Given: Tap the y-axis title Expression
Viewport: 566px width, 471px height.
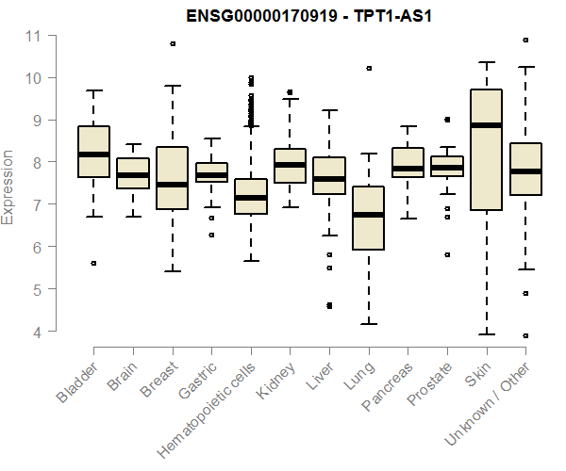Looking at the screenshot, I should tap(8, 186).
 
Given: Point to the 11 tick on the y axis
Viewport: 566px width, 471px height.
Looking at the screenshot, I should tap(34, 36).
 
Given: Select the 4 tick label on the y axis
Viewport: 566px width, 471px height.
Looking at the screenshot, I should tap(34, 332).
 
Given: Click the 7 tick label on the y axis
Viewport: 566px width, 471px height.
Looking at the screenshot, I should tap(34, 204).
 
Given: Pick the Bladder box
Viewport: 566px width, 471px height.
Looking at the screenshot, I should tap(93, 152).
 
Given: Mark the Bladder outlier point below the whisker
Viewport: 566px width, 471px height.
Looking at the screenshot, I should tap(93, 263).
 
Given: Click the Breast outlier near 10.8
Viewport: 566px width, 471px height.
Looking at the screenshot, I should tap(173, 43).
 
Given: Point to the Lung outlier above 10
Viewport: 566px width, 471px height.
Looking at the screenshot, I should tap(369, 68).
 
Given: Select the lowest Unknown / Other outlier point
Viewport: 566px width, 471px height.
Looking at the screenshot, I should tap(525, 335).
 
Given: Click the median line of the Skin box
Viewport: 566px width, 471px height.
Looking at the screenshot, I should tap(486, 125).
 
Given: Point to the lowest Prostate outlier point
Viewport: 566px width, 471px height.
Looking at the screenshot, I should tap(447, 254).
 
